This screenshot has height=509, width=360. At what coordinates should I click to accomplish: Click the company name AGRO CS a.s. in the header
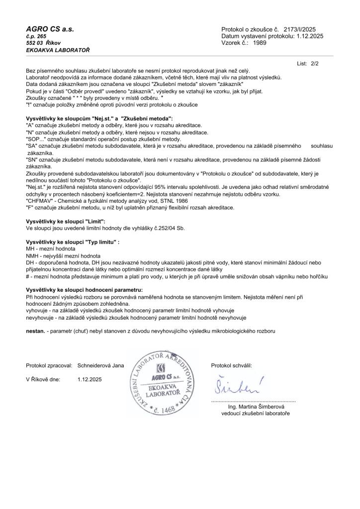(x=50, y=29)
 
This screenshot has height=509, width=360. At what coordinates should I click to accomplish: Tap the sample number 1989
(x=260, y=43)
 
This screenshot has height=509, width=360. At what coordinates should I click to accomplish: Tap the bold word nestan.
(x=36, y=330)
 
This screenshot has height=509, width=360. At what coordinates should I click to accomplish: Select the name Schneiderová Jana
(x=101, y=365)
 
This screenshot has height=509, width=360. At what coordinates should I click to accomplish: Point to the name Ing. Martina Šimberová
(x=255, y=407)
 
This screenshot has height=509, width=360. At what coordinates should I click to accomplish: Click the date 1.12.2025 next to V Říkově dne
(x=90, y=379)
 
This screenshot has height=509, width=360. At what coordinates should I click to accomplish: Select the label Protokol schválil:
(x=232, y=365)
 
